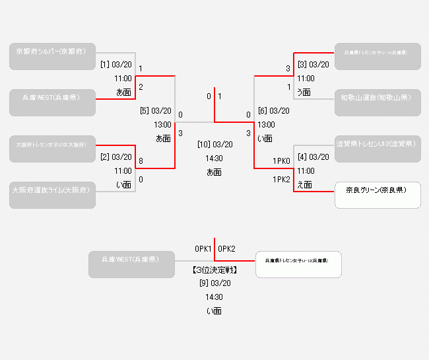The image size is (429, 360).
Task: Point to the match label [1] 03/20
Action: tap(116, 65)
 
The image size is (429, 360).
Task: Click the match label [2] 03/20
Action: tap(116, 157)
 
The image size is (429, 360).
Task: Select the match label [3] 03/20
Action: tap(313, 65)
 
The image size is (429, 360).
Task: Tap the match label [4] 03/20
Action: tap(313, 157)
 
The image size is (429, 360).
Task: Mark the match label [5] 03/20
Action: tap(155, 111)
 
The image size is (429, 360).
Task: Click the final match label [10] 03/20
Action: tap(214, 144)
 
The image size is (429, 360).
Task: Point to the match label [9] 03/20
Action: tap(214, 283)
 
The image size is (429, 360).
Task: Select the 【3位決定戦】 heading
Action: tap(214, 270)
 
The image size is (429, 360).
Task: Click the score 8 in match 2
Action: tap(141, 161)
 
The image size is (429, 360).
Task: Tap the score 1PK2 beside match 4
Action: tap(282, 179)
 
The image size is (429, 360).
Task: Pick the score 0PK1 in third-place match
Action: tap(203, 249)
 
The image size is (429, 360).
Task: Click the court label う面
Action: tap(304, 92)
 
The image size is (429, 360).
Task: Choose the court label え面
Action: tap(304, 185)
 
